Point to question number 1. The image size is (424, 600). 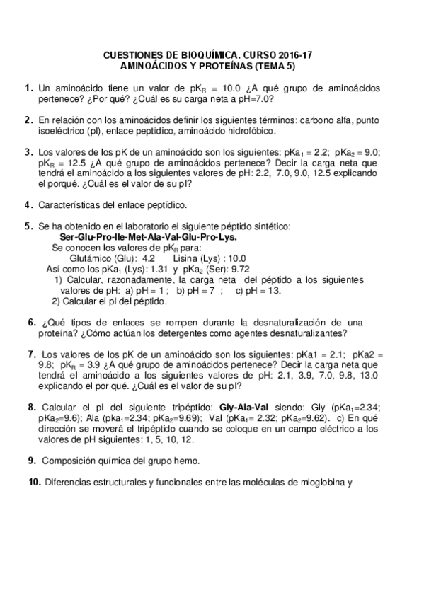pos(28,88)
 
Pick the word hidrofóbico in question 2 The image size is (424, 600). pos(252,131)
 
